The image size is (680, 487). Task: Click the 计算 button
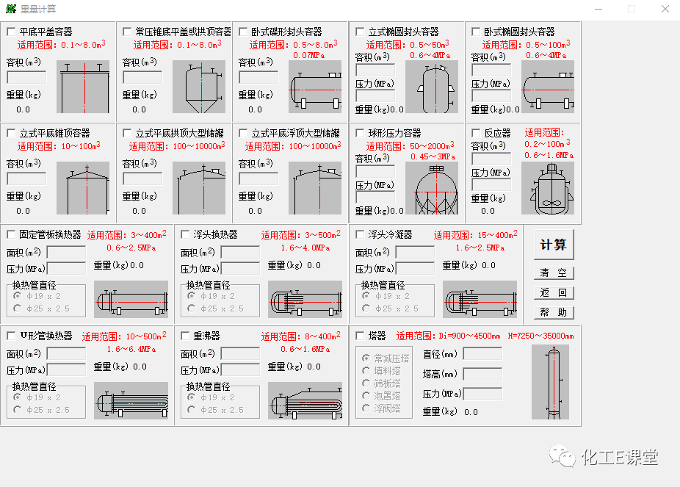pyautogui.click(x=553, y=245)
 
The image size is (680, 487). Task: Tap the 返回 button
pyautogui.click(x=553, y=292)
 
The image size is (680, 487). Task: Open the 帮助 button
pyautogui.click(x=553, y=312)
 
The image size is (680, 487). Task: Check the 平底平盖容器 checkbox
pyautogui.click(x=11, y=32)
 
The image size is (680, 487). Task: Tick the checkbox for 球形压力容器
pyautogui.click(x=360, y=134)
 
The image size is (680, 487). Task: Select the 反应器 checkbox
pyautogui.click(x=476, y=134)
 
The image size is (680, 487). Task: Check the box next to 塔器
pyautogui.click(x=360, y=336)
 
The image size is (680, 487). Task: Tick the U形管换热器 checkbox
pyautogui.click(x=11, y=336)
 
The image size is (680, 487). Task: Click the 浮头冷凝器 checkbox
pyautogui.click(x=360, y=234)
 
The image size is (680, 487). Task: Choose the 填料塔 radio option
pyautogui.click(x=366, y=371)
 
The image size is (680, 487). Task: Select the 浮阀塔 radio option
pyautogui.click(x=366, y=408)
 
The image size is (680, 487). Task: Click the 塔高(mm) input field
pyautogui.click(x=482, y=374)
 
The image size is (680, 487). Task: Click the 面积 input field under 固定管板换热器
pyautogui.click(x=66, y=252)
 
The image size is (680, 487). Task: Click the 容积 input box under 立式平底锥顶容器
pyautogui.click(x=26, y=178)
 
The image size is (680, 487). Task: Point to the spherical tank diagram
pyautogui.click(x=437, y=188)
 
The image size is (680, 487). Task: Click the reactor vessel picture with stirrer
pyautogui.click(x=547, y=188)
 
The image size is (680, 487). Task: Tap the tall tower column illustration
pyautogui.click(x=550, y=382)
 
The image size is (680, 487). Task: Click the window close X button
pyautogui.click(x=664, y=9)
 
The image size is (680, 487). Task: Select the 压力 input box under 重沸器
pyautogui.click(x=240, y=370)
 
